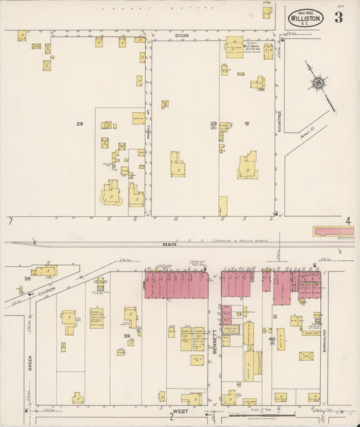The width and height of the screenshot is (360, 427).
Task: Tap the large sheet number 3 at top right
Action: coord(338,18)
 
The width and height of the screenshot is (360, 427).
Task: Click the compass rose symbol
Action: coord(316,83)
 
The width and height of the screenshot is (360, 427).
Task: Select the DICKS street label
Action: coord(180,34)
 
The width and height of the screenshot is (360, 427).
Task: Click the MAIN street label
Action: coord(168,245)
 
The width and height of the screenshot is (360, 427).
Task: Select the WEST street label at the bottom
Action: coord(180,410)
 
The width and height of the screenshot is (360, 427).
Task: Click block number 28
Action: coord(80,124)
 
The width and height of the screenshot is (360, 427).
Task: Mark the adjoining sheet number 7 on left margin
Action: coord(11,222)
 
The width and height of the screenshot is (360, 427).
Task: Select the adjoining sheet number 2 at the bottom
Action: coord(172,417)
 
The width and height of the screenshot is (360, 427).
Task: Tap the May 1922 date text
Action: coord(305,11)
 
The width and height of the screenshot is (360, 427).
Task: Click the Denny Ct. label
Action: coord(308,132)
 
